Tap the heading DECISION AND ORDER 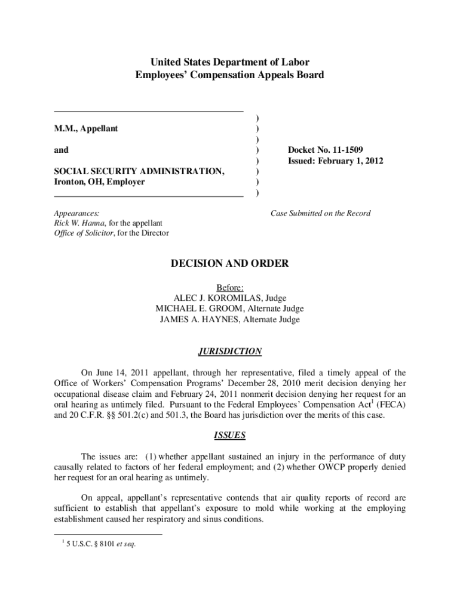pos(229,263)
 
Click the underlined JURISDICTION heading pos(229,351)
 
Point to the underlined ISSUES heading pos(229,436)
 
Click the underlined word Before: pos(229,287)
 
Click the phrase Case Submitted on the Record pos(320,213)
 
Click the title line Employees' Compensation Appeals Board pos(229,75)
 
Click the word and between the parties pos(61,150)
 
